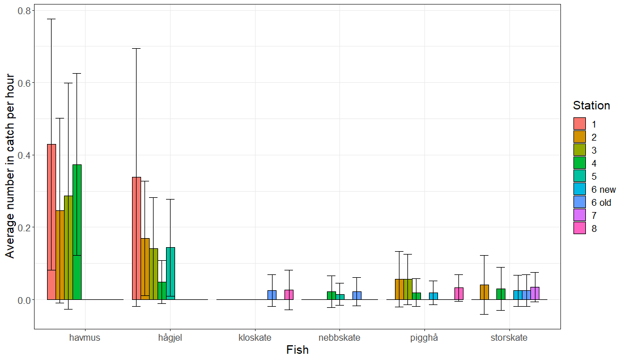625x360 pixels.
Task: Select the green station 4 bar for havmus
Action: click(x=76, y=232)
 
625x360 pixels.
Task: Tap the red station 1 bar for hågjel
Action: click(x=136, y=238)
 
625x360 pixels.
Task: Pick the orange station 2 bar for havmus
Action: click(x=59, y=255)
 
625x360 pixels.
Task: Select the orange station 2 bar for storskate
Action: click(x=484, y=292)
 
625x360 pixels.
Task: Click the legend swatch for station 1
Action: click(x=579, y=124)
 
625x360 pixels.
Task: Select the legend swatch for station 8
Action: click(x=579, y=228)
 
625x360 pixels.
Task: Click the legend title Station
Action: click(x=591, y=105)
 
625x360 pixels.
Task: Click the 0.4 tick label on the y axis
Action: click(x=24, y=155)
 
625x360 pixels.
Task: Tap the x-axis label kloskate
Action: click(x=255, y=338)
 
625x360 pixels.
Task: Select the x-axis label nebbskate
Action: click(x=339, y=338)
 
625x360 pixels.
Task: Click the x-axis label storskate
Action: click(x=509, y=338)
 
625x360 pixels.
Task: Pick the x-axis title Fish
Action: click(x=297, y=350)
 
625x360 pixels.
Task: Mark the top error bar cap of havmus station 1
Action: click(x=51, y=19)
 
